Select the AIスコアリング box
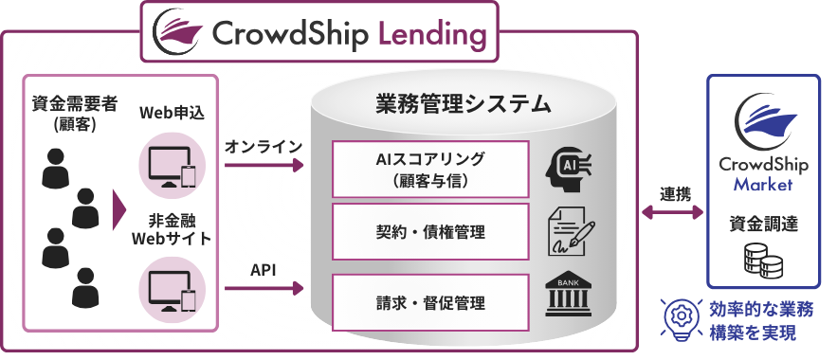[430, 168]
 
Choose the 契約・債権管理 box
[430, 230]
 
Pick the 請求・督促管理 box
[430, 303]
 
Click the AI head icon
[568, 165]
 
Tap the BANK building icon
[570, 297]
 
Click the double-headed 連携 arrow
[674, 213]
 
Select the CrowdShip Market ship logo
[763, 119]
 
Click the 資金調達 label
[763, 225]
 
